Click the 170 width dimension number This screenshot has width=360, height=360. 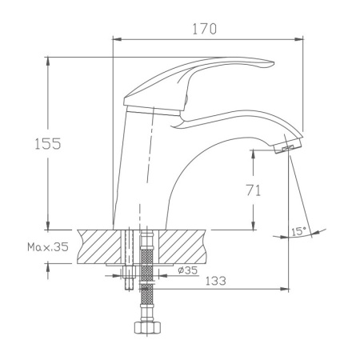[x=205, y=29]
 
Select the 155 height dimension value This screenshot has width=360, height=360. [x=47, y=143]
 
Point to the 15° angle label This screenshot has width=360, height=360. [x=298, y=231]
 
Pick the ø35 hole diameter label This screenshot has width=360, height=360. [x=187, y=270]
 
